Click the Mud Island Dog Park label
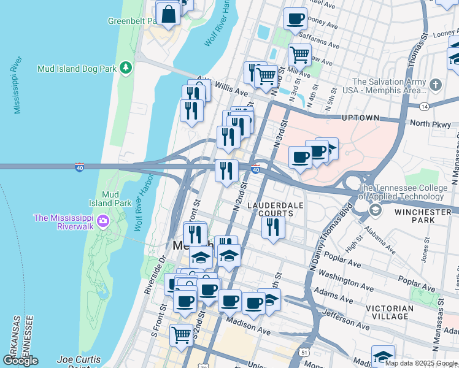(x=77, y=69)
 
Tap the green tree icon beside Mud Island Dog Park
(x=126, y=67)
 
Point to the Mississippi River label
(x=17, y=86)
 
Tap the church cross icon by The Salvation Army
(x=435, y=85)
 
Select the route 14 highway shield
(x=424, y=107)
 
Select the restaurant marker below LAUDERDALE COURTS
(x=273, y=227)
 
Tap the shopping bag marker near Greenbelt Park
(x=168, y=13)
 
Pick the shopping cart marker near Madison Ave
(x=181, y=335)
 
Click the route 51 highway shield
(x=304, y=353)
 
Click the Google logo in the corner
(x=20, y=361)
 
